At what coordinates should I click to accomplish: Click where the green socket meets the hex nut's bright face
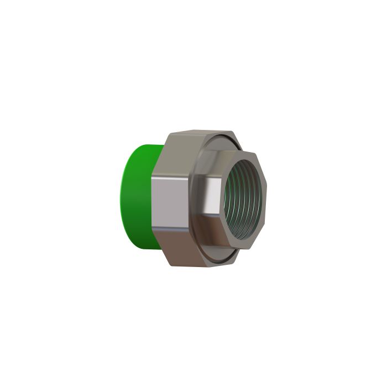155,199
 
